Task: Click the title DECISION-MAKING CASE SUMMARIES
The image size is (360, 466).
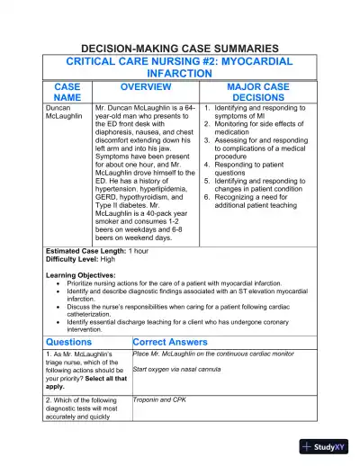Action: [180, 48]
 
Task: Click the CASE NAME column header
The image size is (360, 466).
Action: [67, 92]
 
